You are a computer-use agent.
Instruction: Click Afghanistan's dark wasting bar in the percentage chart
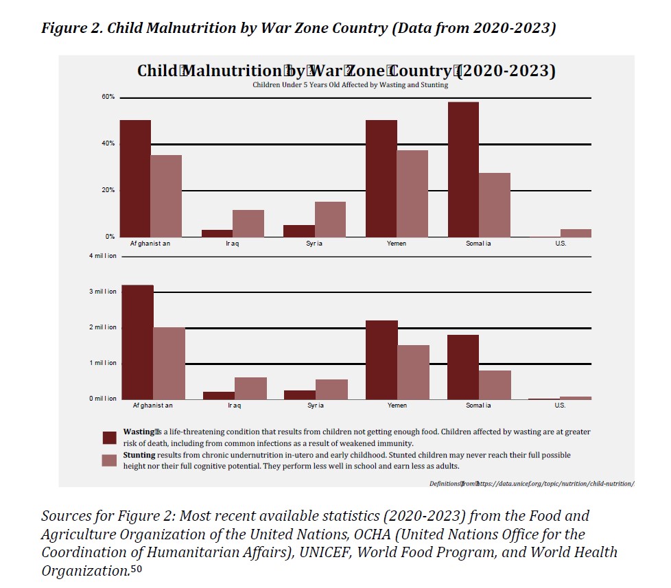click(135, 178)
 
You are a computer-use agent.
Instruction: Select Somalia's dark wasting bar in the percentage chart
click(463, 169)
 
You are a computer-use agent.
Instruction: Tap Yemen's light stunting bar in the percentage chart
click(412, 193)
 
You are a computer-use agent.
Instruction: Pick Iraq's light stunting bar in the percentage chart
click(248, 224)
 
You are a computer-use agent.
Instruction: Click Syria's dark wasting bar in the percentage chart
click(299, 231)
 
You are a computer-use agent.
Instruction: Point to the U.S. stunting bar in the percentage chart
click(576, 233)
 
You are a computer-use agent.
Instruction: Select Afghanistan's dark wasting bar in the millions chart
click(137, 342)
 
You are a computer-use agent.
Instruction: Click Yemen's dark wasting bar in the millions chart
click(381, 360)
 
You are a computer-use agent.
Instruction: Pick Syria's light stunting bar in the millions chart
click(331, 389)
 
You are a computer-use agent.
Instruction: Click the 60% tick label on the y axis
click(108, 97)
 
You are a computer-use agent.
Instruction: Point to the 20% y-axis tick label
click(108, 190)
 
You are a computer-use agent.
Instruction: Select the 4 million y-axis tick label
click(104, 256)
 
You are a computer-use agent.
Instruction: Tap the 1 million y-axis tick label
click(104, 363)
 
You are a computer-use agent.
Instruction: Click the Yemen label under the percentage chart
click(397, 244)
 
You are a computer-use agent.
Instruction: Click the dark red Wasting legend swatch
click(109, 438)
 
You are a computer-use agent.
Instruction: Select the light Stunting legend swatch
click(109, 460)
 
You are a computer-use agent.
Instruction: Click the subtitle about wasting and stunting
click(350, 85)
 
